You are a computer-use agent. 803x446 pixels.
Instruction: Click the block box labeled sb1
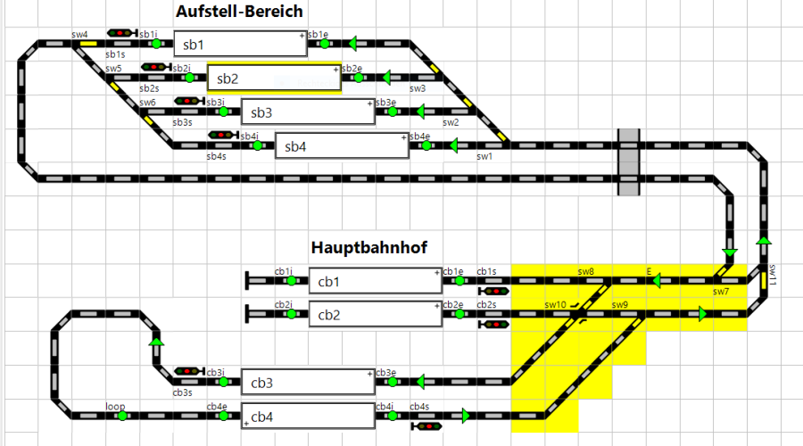[239, 44]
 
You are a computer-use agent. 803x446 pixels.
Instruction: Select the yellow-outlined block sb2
[274, 78]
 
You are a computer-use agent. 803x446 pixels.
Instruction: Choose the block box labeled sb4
[341, 146]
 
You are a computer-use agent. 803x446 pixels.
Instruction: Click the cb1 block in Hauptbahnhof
[376, 281]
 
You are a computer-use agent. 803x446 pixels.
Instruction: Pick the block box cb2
[376, 315]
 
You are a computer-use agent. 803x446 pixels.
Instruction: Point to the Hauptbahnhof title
[370, 247]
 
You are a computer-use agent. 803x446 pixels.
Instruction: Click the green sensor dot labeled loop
[122, 416]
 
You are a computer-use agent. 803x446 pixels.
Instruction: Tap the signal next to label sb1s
[120, 33]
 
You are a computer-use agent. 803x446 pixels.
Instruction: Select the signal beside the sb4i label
[221, 136]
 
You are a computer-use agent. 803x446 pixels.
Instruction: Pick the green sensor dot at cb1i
[291, 281]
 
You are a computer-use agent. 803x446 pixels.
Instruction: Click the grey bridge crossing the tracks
[629, 162]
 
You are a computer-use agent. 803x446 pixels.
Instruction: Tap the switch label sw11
[774, 275]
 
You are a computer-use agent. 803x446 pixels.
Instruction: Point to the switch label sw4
[79, 34]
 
